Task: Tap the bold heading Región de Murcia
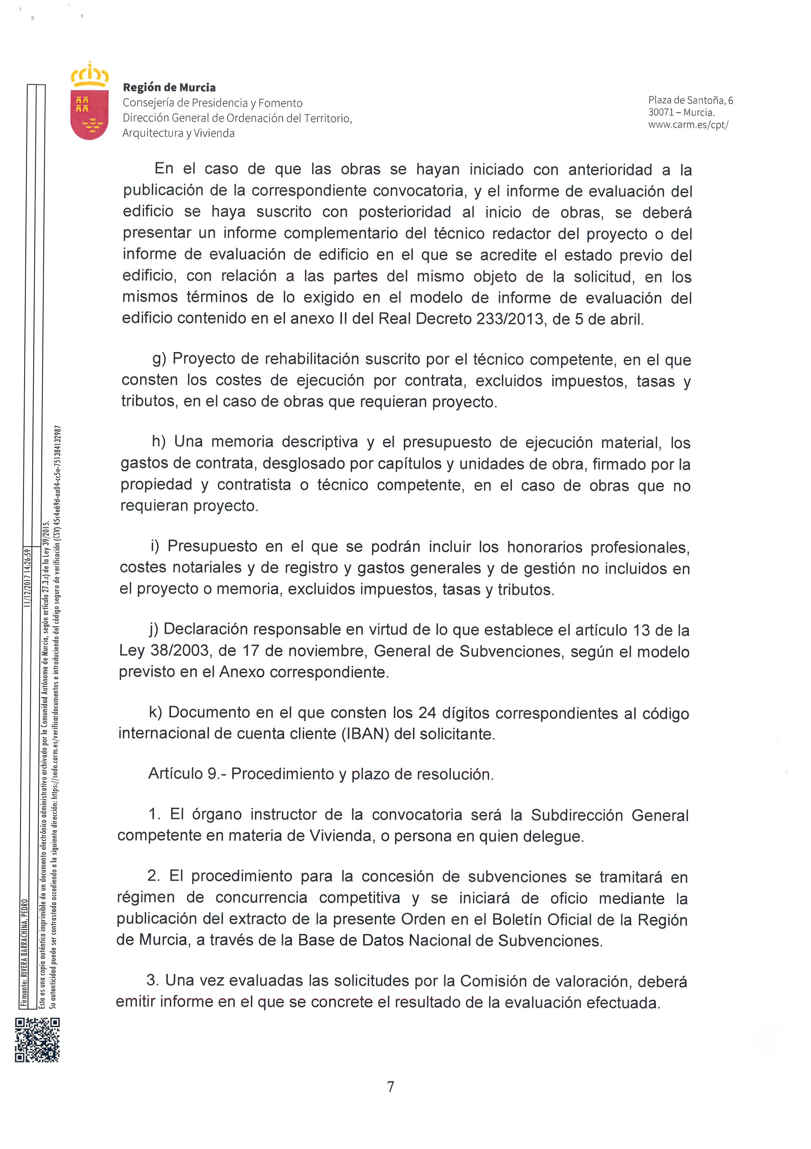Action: coord(169,88)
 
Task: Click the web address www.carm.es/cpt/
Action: coord(688,125)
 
